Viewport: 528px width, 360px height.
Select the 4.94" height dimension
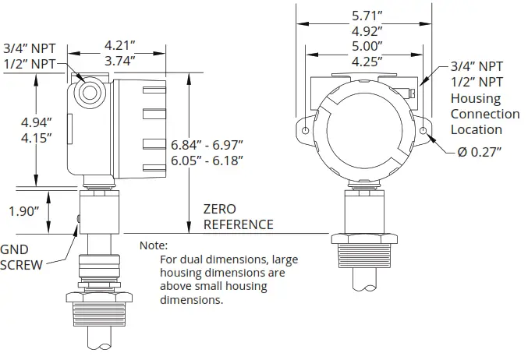coord(37,122)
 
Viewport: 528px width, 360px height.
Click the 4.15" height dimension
coord(37,138)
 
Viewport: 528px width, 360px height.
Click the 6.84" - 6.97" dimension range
coord(207,145)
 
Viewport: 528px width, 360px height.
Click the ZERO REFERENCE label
coord(238,217)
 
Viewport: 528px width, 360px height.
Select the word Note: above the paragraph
coord(153,245)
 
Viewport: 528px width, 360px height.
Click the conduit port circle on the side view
coord(91,90)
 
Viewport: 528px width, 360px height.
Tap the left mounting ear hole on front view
coord(306,129)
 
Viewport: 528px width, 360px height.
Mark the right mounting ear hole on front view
coord(423,129)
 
